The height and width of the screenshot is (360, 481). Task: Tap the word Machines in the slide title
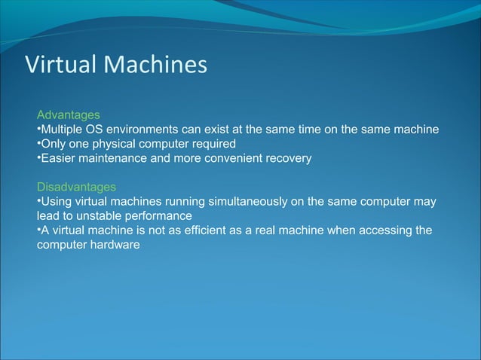(155, 66)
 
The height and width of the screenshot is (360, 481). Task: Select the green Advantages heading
(69, 115)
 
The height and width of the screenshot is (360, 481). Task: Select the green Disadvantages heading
(77, 187)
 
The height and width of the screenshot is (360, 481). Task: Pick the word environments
(150, 130)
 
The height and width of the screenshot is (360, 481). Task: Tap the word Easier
(60, 158)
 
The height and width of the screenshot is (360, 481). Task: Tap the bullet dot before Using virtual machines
(39, 201)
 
